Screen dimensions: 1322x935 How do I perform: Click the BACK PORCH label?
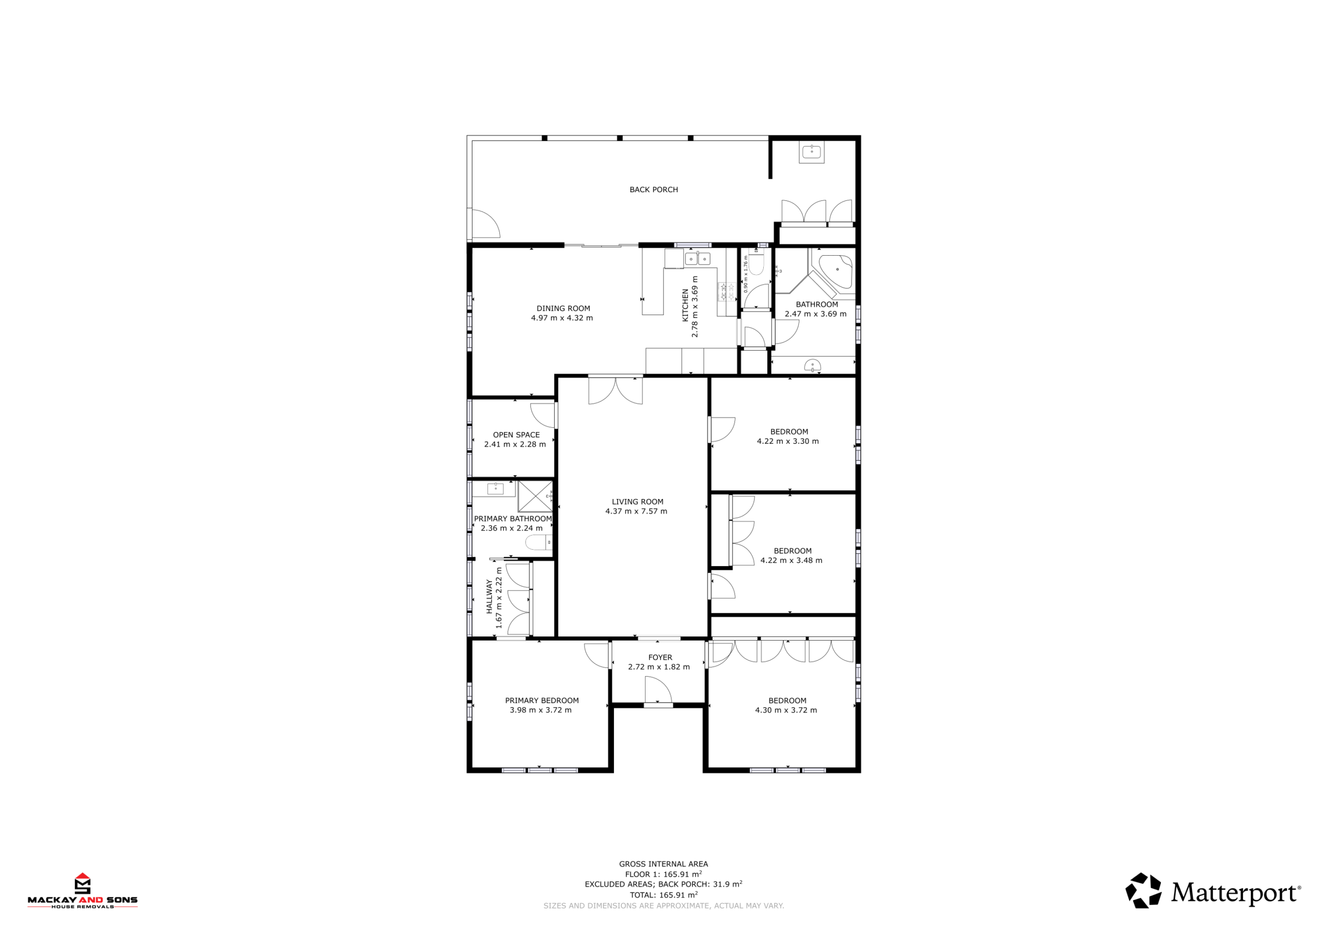point(654,190)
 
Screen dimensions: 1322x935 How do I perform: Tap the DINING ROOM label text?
point(563,309)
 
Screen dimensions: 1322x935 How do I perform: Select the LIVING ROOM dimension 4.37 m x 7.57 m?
point(636,511)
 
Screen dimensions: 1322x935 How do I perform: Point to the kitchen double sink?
point(697,259)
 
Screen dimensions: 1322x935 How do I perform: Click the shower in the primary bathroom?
point(535,496)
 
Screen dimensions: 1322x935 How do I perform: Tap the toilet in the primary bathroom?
point(539,542)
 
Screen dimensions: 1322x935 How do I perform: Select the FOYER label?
point(660,657)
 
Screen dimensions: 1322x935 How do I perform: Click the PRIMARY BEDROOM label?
point(542,700)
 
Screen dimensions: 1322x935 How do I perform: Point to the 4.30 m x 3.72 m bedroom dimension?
point(786,710)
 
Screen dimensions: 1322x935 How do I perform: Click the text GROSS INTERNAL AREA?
point(663,864)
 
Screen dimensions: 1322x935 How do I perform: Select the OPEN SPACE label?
point(516,435)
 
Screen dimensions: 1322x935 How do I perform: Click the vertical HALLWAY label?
point(490,597)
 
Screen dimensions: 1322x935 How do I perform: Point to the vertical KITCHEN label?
point(685,305)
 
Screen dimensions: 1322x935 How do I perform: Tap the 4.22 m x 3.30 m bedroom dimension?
point(788,441)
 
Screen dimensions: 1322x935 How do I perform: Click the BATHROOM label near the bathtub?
point(816,305)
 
